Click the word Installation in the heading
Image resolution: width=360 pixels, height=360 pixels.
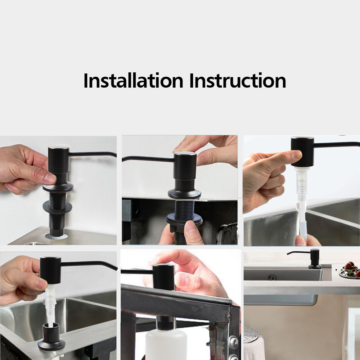click(133, 80)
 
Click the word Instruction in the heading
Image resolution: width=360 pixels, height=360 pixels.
click(238, 80)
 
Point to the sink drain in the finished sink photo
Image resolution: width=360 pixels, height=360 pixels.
click(272, 277)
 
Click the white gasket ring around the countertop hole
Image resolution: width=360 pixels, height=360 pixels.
click(57, 236)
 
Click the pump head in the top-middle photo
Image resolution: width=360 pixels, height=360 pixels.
click(185, 166)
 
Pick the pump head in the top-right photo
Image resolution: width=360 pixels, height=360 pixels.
click(302, 152)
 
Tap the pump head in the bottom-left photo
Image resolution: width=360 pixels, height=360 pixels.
click(50, 270)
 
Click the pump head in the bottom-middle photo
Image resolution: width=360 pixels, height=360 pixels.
click(163, 277)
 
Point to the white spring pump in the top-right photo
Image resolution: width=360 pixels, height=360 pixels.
click(302, 202)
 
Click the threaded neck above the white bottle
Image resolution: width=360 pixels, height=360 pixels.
click(166, 323)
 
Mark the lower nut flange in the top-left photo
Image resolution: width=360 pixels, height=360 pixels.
click(57, 207)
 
